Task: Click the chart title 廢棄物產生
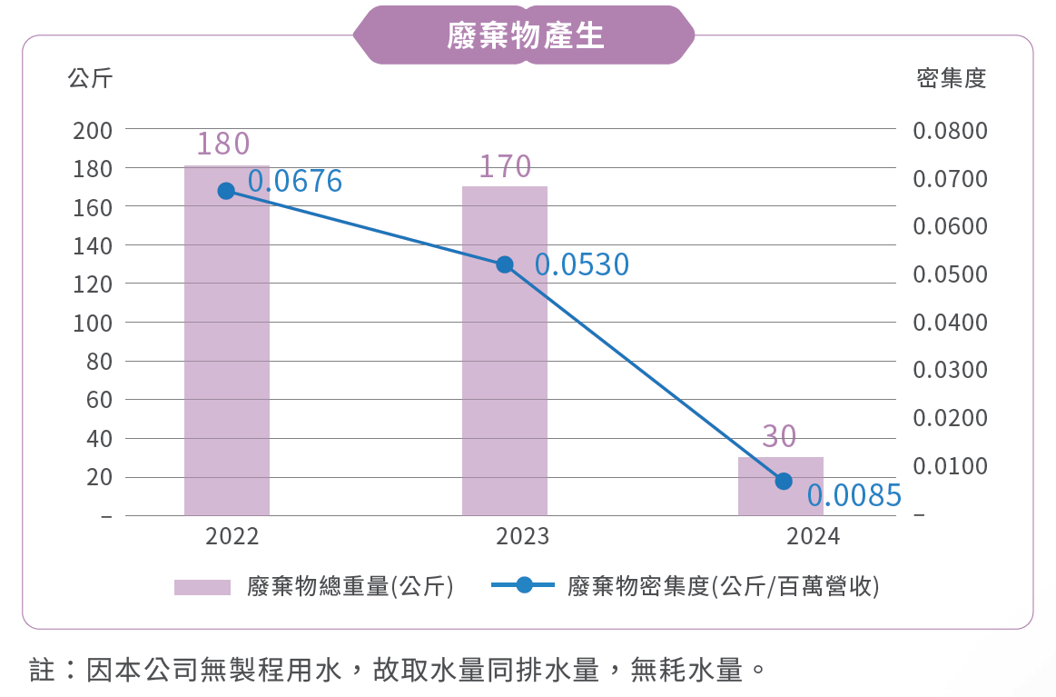[525, 35]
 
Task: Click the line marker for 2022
[227, 191]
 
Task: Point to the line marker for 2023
[505, 264]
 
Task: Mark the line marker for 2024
[784, 481]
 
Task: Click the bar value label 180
[223, 144]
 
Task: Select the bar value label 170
[505, 166]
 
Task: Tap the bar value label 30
[779, 437]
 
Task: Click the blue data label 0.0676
[295, 182]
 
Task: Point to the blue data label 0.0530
[582, 264]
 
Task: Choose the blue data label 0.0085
[854, 496]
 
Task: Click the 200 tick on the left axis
[94, 131]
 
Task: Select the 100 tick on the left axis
[94, 324]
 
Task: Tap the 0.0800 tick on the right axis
[950, 131]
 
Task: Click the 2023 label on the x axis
[522, 536]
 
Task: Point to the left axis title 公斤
[90, 79]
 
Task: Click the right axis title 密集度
[951, 79]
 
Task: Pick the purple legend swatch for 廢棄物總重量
[202, 587]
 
